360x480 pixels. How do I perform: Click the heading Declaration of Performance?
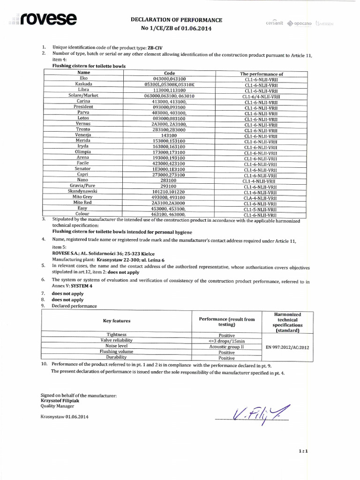tap(176, 20)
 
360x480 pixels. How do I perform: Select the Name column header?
tap(84, 73)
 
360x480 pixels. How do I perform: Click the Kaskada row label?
tap(84, 84)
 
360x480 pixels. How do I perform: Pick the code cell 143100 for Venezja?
tap(169, 135)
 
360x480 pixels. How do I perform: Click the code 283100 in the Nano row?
tap(169, 180)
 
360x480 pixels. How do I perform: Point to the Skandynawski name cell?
tap(82, 191)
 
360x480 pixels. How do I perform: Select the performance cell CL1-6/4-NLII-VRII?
tap(261, 97)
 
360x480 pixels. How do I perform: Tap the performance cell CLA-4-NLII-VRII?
tap(261, 198)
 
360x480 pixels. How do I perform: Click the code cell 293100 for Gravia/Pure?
tap(169, 186)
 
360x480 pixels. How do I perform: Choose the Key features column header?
tap(117, 321)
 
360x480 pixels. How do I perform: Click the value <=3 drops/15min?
tap(227, 341)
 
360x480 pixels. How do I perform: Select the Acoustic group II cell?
tap(227, 346)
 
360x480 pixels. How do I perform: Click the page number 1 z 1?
tap(302, 451)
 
